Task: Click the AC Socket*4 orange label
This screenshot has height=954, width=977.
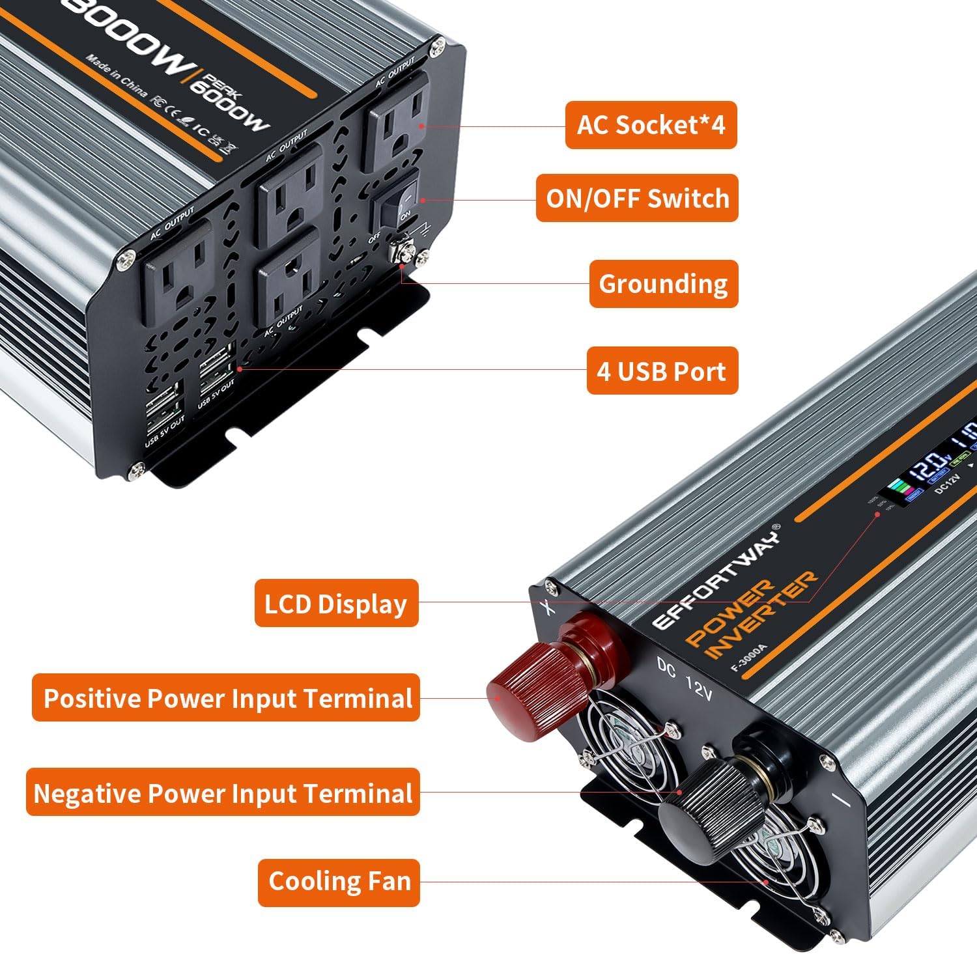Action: click(x=651, y=124)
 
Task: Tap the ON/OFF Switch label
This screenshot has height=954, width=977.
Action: click(x=637, y=198)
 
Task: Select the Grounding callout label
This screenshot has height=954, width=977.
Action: click(x=663, y=284)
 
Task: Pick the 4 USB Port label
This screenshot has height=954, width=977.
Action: click(x=662, y=371)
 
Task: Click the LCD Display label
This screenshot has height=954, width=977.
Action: click(x=336, y=603)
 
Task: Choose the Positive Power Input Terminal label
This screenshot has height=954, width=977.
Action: click(x=226, y=697)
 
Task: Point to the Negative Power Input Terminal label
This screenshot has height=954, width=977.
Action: click(x=223, y=792)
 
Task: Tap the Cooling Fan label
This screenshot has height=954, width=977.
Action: click(x=339, y=882)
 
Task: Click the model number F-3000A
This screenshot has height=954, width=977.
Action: click(x=750, y=657)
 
